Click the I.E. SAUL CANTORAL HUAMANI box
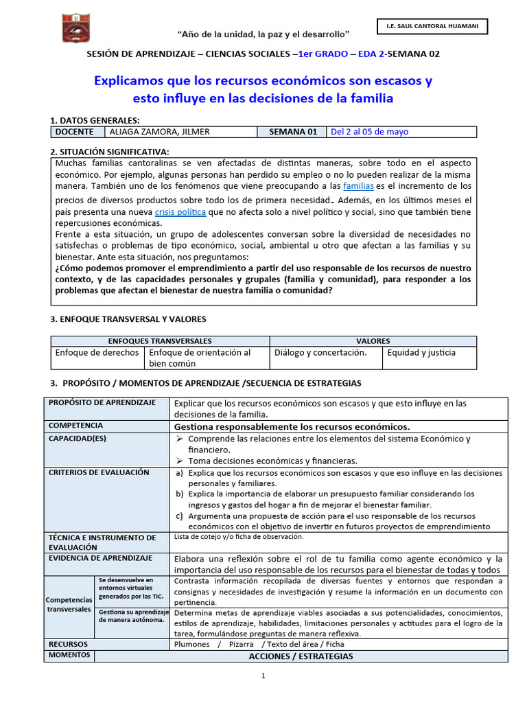(x=432, y=27)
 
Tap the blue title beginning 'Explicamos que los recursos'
(x=263, y=89)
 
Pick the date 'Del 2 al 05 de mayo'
(x=369, y=132)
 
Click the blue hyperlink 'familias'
(x=358, y=186)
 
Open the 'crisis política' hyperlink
(x=180, y=212)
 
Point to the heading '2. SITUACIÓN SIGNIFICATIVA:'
(x=110, y=152)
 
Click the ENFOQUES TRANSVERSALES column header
(x=161, y=341)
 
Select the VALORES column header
(x=373, y=341)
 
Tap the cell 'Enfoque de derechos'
(x=97, y=353)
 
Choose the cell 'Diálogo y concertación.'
(x=320, y=353)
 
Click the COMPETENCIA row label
(x=76, y=426)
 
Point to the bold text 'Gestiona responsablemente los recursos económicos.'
(x=292, y=426)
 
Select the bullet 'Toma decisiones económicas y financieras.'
(x=272, y=461)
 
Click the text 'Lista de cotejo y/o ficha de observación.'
(x=239, y=537)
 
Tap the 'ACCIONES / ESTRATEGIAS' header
(x=301, y=656)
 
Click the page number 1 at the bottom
(x=263, y=677)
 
